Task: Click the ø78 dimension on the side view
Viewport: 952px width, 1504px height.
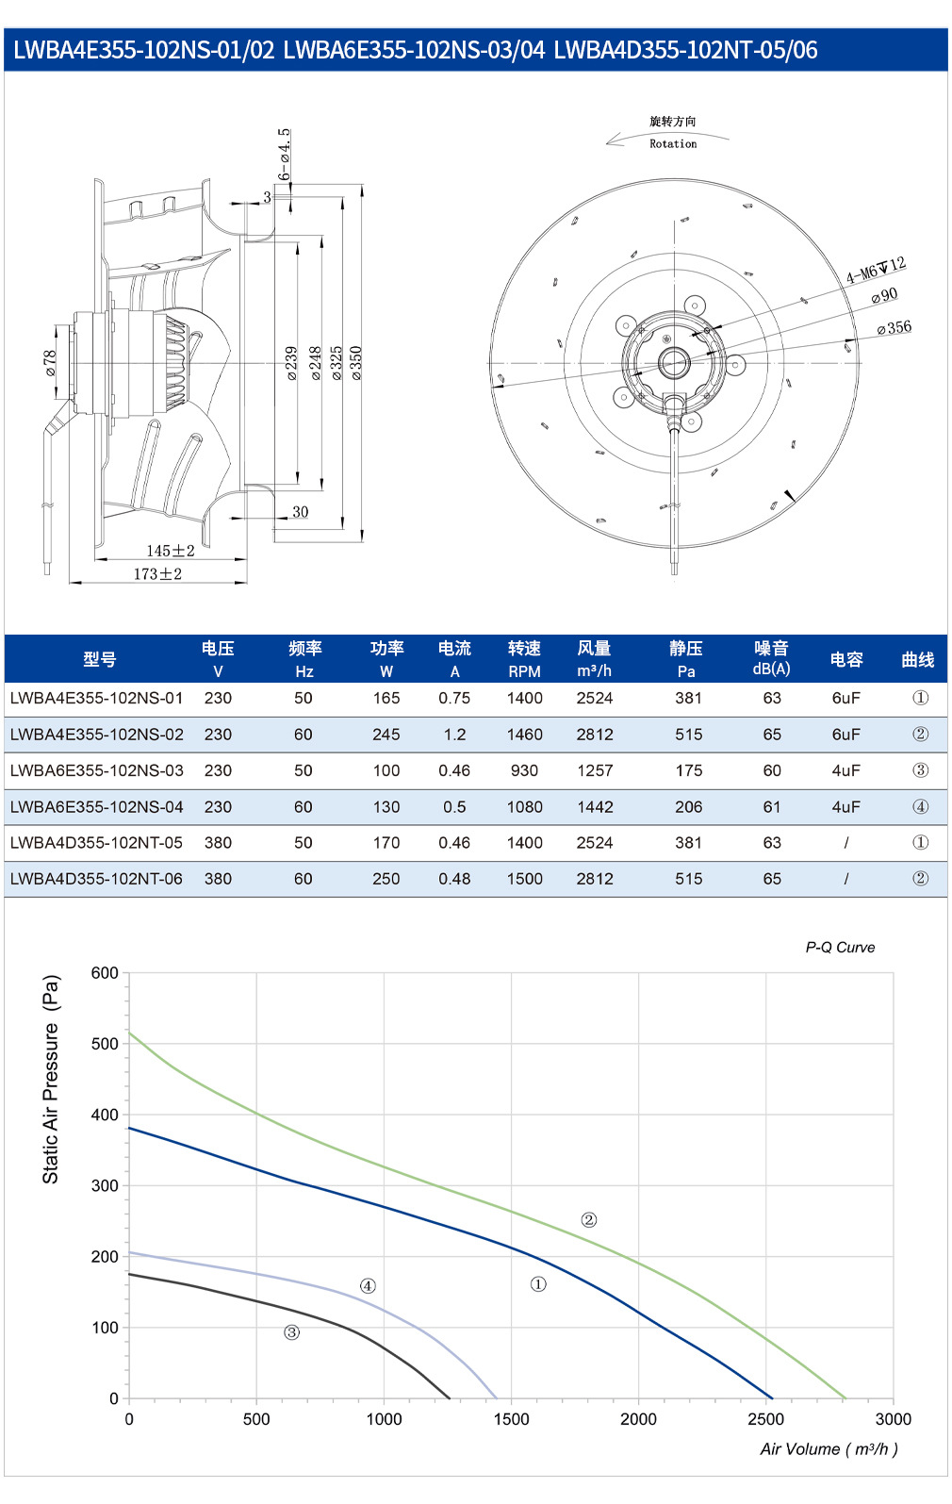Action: pyautogui.click(x=50, y=363)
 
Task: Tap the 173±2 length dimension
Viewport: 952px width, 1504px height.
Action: pyautogui.click(x=157, y=574)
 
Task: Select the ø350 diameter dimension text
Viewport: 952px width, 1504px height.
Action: pyautogui.click(x=356, y=363)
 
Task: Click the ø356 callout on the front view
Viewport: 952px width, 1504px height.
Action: pyautogui.click(x=895, y=327)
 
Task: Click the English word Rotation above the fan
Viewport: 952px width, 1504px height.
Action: pyautogui.click(x=673, y=143)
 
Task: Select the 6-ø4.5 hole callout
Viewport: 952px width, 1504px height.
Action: pyautogui.click(x=284, y=155)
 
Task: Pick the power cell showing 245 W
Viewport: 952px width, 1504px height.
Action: pyautogui.click(x=386, y=735)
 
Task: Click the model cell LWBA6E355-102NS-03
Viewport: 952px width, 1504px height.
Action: pyautogui.click(x=97, y=770)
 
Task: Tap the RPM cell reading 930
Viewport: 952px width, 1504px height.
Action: pyautogui.click(x=524, y=770)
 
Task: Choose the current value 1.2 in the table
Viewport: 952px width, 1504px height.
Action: pyautogui.click(x=454, y=735)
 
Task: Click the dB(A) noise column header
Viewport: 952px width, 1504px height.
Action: pyautogui.click(x=771, y=659)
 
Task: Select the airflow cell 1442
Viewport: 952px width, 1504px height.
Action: pyautogui.click(x=595, y=806)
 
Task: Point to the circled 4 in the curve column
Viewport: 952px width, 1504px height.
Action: pyautogui.click(x=921, y=806)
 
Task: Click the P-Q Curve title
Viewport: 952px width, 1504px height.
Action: pyautogui.click(x=840, y=948)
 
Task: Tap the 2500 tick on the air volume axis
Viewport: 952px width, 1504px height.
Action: pyautogui.click(x=765, y=1419)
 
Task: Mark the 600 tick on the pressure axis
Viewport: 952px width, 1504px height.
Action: pyautogui.click(x=105, y=973)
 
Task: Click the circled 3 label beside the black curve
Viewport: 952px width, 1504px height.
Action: pyautogui.click(x=291, y=1332)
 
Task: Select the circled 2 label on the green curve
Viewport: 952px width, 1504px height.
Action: pyautogui.click(x=589, y=1220)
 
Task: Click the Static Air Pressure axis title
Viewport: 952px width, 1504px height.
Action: pyautogui.click(x=51, y=1079)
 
